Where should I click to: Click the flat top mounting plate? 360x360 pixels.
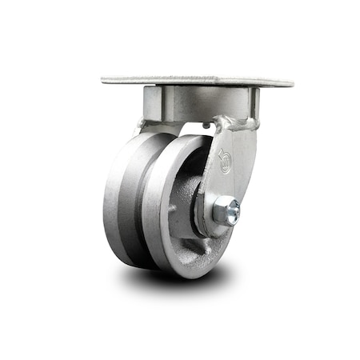coord(196,82)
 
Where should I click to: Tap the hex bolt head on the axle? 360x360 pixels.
coord(232,212)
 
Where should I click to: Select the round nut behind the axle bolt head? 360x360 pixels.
coord(219,213)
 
